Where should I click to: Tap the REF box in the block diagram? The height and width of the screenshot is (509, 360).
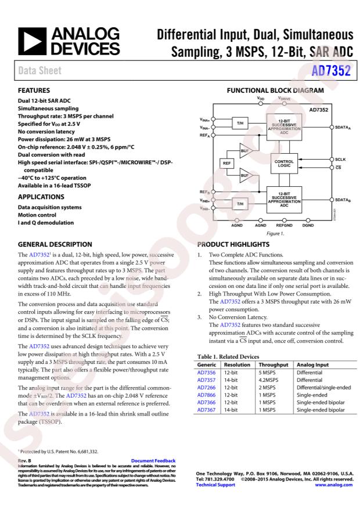click(x=226, y=163)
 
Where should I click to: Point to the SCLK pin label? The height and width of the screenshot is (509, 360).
click(x=341, y=158)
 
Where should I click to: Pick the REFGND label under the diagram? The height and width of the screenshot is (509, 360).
click(x=284, y=225)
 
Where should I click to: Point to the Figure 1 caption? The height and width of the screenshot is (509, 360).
click(x=275, y=233)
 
